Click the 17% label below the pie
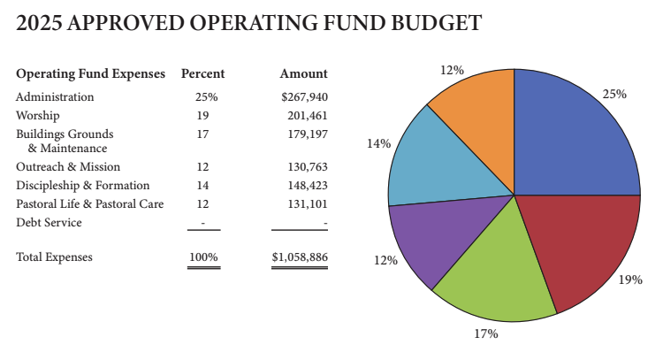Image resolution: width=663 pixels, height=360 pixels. [486, 333]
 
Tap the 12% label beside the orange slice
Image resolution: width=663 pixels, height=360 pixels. [453, 70]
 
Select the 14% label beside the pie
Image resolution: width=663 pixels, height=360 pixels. [378, 143]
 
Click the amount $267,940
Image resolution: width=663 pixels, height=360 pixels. [303, 96]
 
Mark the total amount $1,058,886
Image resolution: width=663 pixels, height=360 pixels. [300, 257]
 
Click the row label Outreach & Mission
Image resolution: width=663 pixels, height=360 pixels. [68, 166]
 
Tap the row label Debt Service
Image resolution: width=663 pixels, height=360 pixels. [49, 222]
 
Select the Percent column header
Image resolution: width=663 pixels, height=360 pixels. [202, 73]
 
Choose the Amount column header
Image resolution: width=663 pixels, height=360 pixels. [303, 73]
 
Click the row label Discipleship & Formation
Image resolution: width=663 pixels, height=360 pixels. [83, 185]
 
